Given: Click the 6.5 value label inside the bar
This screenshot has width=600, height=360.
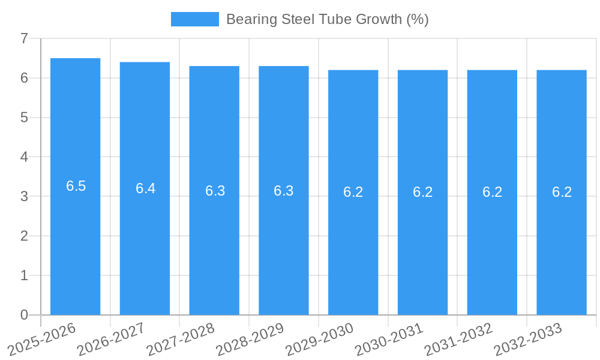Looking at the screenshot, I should pos(76,186).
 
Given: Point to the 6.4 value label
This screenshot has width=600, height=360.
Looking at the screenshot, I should pos(145,188).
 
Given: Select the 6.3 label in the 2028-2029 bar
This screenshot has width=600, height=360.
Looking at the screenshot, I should pos(284,191).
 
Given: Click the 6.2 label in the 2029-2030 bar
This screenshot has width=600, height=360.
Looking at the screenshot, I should pos(353,192).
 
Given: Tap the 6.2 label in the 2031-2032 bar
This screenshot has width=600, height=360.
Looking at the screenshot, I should pos(492,192).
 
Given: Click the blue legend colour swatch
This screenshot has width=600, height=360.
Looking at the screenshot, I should pos(195,19).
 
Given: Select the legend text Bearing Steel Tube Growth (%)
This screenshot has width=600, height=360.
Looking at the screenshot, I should pos(327,19).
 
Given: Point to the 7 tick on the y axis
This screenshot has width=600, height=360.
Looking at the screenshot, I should pos(24,38).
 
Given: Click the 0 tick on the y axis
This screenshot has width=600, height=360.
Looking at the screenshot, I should pos(24,315).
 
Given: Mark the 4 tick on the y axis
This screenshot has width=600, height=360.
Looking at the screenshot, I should pos(24,157).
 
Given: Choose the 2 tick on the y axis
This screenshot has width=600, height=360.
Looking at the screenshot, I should pos(24,236).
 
